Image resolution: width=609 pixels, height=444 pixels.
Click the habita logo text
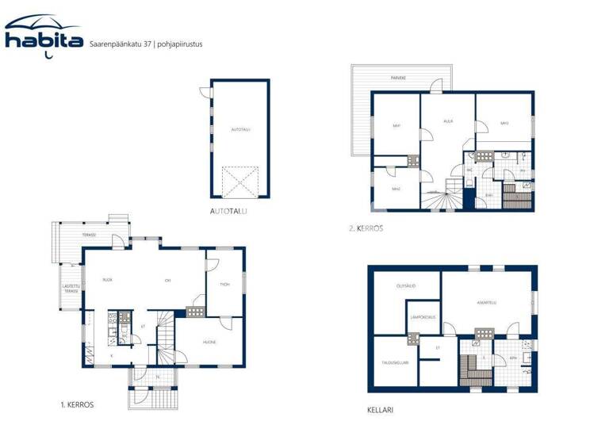pos(44,39)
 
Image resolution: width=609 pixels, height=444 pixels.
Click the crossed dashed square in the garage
pos(240,182)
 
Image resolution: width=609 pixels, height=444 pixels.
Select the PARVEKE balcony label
pos(399,78)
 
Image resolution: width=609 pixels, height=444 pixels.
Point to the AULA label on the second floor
pos(447,121)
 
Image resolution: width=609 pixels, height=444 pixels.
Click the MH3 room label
pos(504,123)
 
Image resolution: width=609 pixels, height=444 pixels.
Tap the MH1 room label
pos(396,125)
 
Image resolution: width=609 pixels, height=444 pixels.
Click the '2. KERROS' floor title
pos(366,228)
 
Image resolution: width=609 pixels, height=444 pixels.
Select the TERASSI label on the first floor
pos(88,235)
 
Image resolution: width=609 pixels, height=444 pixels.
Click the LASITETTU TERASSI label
pos(71,289)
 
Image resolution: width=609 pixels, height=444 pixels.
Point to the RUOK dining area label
pos(106,280)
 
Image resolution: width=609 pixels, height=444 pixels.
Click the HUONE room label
pos(209,342)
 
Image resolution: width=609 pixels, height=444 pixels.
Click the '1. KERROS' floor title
pos(77,404)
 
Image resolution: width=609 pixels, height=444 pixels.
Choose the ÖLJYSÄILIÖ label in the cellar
pos(407,286)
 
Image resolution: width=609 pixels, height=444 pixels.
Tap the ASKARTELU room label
pos(487,302)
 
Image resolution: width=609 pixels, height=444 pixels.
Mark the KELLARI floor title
pos(381,411)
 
